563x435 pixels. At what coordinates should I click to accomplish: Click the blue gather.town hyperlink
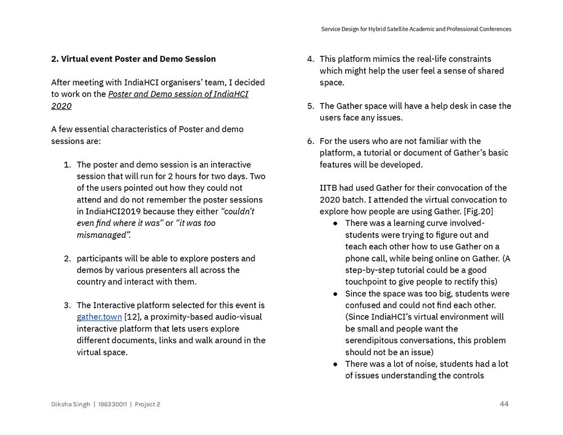(x=99, y=317)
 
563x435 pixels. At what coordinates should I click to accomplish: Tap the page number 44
(x=504, y=403)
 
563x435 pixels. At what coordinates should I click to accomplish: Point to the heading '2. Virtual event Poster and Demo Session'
(x=133, y=59)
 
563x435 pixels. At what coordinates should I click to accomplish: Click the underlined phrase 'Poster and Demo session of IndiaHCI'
(x=178, y=94)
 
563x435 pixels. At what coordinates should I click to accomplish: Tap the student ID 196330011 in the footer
(x=113, y=404)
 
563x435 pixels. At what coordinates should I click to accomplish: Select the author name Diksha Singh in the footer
(x=70, y=404)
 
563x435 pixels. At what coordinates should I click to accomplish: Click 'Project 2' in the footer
(x=148, y=404)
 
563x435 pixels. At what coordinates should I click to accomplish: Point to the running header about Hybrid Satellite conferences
(x=416, y=29)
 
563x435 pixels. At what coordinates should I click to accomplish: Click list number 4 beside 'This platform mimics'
(x=310, y=59)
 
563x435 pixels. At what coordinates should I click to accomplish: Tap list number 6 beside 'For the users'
(x=310, y=141)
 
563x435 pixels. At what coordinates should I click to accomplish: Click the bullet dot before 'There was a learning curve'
(x=336, y=223)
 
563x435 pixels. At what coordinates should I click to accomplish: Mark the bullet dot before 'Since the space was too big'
(x=336, y=294)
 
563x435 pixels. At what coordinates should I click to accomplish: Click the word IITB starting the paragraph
(x=329, y=188)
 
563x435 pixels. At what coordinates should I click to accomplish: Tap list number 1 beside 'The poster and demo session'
(x=67, y=165)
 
